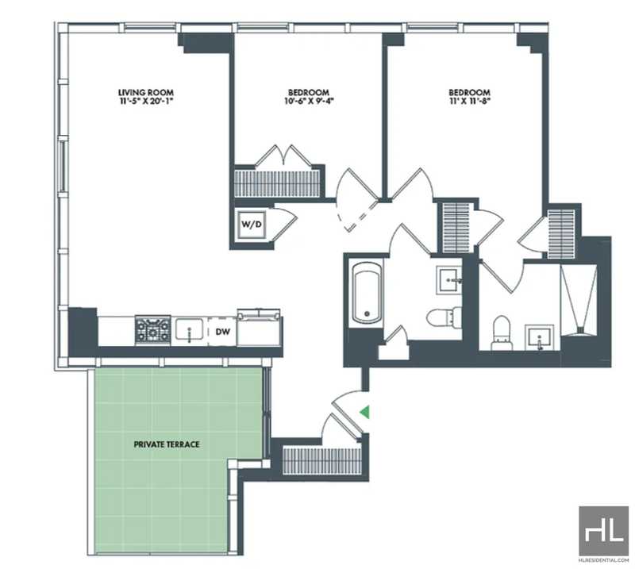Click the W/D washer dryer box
tap(252, 225)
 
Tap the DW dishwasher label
tap(222, 332)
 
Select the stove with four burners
tap(152, 330)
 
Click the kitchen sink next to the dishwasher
tap(189, 330)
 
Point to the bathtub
tap(367, 293)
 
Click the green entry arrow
tap(365, 412)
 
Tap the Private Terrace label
tap(167, 444)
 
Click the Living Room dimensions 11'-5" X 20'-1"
tap(146, 101)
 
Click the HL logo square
tap(603, 531)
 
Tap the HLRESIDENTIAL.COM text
tap(603, 560)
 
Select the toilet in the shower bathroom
tap(502, 333)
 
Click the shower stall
tap(579, 300)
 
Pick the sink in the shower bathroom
tap(540, 337)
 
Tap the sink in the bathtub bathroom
tap(448, 279)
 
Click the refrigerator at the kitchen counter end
tap(260, 328)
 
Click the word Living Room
tap(146, 92)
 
